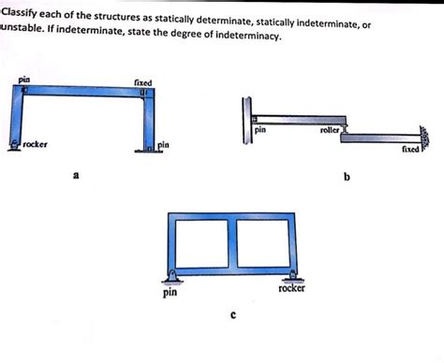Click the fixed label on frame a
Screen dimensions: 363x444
click(143, 82)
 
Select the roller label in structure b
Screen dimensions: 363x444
click(331, 132)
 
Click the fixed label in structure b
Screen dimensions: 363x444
click(410, 149)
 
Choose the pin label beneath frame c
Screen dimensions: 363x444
click(170, 293)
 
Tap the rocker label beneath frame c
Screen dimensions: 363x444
click(291, 287)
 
